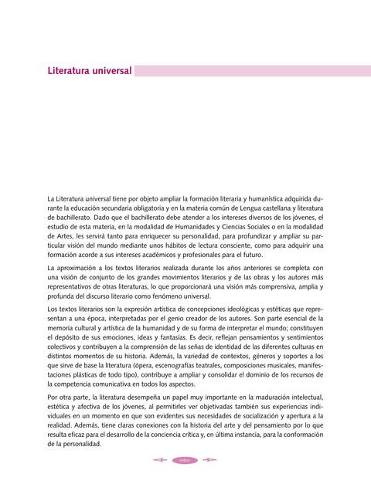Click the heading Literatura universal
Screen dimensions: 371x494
click(x=89, y=71)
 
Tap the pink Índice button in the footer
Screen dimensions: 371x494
click(x=185, y=461)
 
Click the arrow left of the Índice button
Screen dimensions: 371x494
click(x=162, y=461)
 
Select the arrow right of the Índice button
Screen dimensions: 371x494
click(x=209, y=461)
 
